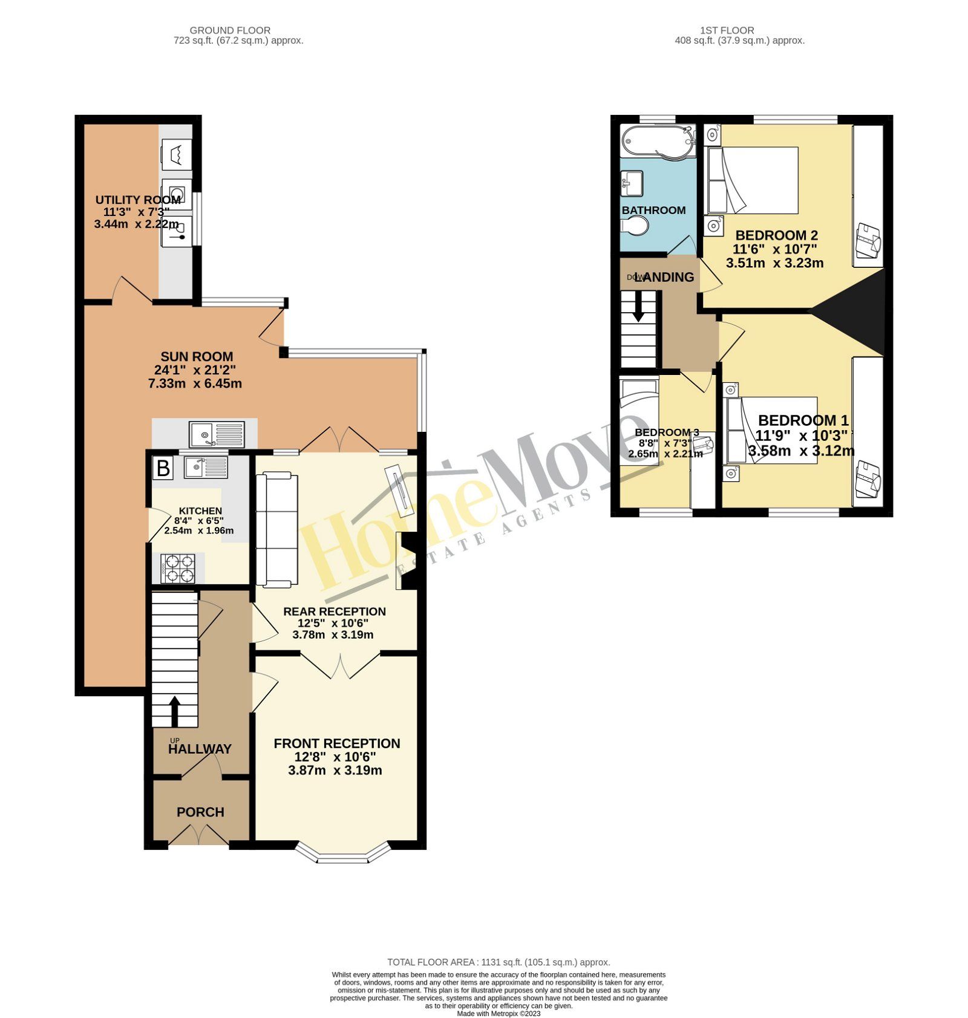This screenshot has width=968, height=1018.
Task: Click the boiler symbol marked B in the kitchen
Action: [162, 468]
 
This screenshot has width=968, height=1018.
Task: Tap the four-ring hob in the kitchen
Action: [178, 568]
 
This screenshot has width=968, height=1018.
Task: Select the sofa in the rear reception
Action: [276, 530]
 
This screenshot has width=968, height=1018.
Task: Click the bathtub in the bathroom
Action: [658, 141]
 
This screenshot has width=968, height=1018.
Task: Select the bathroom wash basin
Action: [632, 183]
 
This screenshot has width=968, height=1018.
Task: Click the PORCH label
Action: [200, 812]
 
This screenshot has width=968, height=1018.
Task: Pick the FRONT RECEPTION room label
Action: [336, 743]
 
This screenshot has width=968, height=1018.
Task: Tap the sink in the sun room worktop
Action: [217, 434]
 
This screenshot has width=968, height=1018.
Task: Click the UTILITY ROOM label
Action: [138, 200]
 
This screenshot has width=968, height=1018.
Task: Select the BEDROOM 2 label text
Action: [776, 235]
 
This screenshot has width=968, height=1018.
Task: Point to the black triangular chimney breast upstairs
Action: [856, 312]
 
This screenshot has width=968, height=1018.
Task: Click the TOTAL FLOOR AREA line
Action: [499, 962]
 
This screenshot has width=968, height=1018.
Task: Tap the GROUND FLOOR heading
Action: [230, 30]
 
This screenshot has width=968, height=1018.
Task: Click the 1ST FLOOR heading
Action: [727, 30]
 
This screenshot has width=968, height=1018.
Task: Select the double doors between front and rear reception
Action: [340, 665]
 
